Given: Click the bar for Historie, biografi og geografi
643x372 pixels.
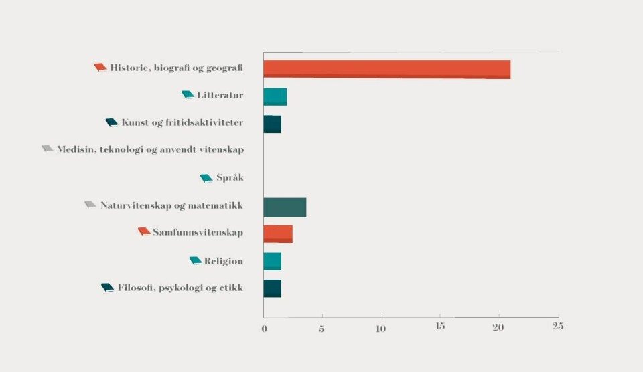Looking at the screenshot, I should tap(386, 70).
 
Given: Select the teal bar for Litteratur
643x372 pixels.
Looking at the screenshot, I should tap(275, 97).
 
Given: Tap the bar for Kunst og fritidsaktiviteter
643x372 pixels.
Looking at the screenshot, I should tap(272, 124).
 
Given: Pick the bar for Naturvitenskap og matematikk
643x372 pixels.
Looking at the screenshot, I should tap(285, 207).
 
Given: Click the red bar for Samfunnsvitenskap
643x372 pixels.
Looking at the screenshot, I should tap(278, 234).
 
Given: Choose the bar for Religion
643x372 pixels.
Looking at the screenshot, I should tap(272, 262).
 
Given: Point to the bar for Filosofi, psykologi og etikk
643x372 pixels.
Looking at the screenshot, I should tap(272, 289).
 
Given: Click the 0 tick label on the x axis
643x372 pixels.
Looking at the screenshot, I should tap(264, 328).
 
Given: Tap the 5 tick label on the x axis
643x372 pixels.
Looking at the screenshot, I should tap(321, 328).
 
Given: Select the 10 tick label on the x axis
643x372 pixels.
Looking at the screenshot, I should tap(380, 328).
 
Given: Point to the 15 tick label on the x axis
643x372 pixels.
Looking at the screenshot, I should tap(439, 327).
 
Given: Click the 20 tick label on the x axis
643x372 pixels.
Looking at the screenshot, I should tap(498, 327).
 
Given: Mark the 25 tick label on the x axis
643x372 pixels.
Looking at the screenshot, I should tap(557, 327).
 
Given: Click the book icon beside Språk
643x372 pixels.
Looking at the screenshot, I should tap(206, 178).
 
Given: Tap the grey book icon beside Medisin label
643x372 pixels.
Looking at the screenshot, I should tap(48, 149).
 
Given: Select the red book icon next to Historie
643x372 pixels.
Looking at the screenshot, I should tap(100, 68).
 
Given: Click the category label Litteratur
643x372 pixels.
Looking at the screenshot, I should tap(220, 96).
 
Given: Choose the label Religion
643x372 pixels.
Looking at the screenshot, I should tap(224, 261).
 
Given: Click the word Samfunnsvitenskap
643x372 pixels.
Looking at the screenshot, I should tap(198, 233).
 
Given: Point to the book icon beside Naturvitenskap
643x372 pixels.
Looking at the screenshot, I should tap(90, 205).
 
